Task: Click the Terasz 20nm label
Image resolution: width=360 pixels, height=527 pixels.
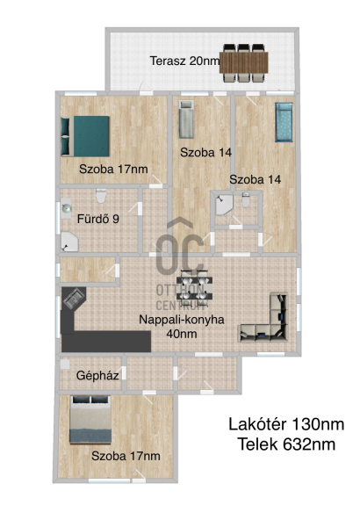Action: pos(184,61)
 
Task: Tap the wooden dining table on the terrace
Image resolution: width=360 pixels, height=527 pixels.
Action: pos(244,62)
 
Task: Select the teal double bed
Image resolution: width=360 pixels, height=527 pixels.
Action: pos(85,136)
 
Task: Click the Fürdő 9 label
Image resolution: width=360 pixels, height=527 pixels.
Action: pos(98,219)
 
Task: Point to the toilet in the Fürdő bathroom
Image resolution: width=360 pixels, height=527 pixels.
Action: pos(101,196)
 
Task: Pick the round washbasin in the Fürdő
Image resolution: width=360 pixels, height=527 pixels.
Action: pos(66,208)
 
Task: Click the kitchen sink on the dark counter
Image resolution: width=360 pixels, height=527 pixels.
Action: pos(74,299)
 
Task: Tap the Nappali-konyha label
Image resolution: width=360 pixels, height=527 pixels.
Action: pos(182,320)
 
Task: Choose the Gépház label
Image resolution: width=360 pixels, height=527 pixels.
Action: pos(97,375)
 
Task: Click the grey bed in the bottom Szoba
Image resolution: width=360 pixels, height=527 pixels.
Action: pos(90,420)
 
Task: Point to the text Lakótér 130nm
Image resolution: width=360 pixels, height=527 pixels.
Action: pos(286,424)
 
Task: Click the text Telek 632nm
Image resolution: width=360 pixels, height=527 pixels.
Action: pos(286,444)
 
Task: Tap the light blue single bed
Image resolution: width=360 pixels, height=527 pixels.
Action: pos(284,122)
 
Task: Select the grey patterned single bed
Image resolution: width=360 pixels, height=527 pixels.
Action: pos(186,119)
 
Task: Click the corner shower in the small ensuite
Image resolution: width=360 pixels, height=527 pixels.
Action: pos(223,205)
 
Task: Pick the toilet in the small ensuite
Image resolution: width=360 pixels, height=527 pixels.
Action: pos(246,199)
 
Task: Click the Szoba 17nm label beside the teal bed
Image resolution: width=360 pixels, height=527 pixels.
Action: pos(113,169)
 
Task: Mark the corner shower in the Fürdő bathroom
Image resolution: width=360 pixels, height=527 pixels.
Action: pos(68,242)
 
